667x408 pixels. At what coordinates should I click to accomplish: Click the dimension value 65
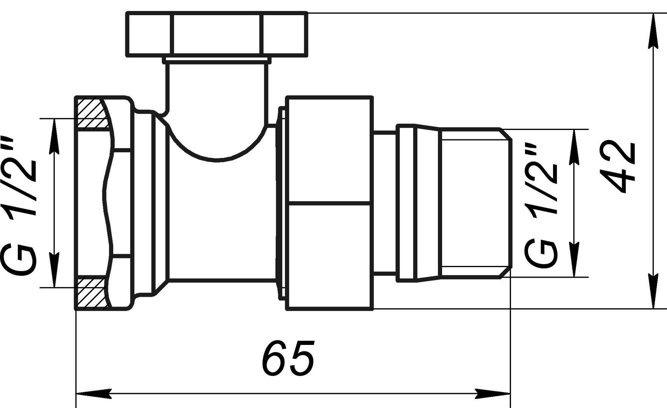(x=289, y=358)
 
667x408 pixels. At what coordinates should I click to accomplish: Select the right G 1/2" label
(x=541, y=204)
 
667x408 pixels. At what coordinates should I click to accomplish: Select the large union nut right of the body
(x=329, y=203)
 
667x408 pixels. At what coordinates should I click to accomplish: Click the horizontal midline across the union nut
(x=329, y=203)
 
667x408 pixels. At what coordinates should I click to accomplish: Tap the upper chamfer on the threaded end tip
(x=505, y=134)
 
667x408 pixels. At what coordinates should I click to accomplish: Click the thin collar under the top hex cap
(x=217, y=60)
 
